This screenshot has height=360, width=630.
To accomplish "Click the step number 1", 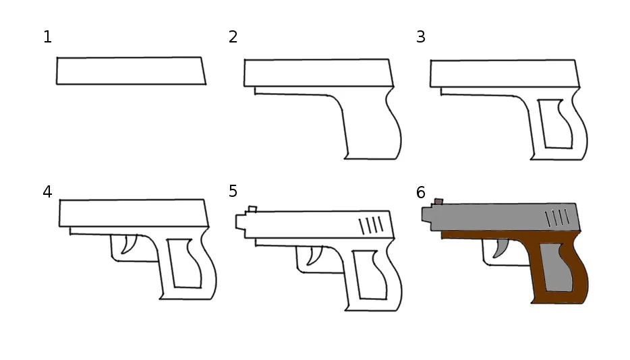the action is click(x=47, y=37).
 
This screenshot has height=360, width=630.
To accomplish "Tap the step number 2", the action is click(x=233, y=37).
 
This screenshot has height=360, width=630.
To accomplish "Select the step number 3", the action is click(x=421, y=37).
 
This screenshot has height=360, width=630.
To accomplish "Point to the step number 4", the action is click(x=47, y=192).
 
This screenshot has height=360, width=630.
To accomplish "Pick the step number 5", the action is click(x=233, y=191).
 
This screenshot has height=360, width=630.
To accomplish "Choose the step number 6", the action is click(x=421, y=193).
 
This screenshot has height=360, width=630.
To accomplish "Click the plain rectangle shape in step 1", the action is click(x=131, y=71).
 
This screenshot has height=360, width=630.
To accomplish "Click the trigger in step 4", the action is click(x=129, y=244).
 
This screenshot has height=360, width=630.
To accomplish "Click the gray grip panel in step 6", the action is click(x=556, y=267).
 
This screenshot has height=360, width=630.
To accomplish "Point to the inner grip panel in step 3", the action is click(x=555, y=124).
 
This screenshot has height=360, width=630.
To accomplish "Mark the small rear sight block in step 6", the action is click(x=438, y=202).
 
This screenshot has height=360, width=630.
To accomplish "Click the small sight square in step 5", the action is click(x=252, y=209).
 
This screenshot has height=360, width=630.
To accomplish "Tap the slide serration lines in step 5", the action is click(x=371, y=225).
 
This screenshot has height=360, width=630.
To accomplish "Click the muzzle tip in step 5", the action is click(x=241, y=222).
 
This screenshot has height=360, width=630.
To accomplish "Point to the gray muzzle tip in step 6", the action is click(x=427, y=214).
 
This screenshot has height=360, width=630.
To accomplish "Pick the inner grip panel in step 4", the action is click(x=184, y=264).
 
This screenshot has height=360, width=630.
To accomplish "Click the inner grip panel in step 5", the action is click(x=370, y=275).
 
